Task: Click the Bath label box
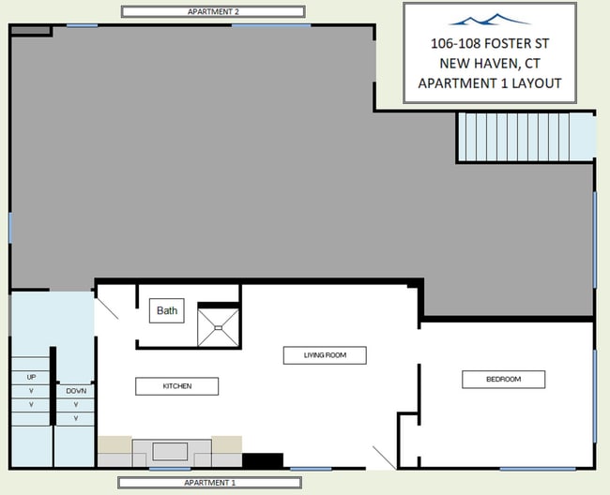(x=166, y=310)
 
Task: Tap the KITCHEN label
(x=177, y=386)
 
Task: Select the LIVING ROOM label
(x=325, y=355)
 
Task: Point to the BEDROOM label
(x=503, y=379)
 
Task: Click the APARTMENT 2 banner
(x=213, y=11)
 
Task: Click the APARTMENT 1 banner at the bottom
(x=209, y=483)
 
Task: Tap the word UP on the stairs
(x=31, y=377)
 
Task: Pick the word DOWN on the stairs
(x=76, y=391)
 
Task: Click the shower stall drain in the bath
(x=219, y=328)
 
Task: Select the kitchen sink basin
(x=170, y=452)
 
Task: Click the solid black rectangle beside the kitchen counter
(x=263, y=460)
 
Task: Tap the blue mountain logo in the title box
(x=489, y=20)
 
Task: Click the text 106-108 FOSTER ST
(x=490, y=43)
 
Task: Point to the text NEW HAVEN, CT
(x=490, y=64)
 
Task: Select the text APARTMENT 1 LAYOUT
(x=490, y=83)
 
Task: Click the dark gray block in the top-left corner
(x=31, y=31)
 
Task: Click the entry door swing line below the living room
(x=385, y=457)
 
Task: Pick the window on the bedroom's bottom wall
(x=537, y=469)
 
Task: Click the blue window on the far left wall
(x=10, y=228)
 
